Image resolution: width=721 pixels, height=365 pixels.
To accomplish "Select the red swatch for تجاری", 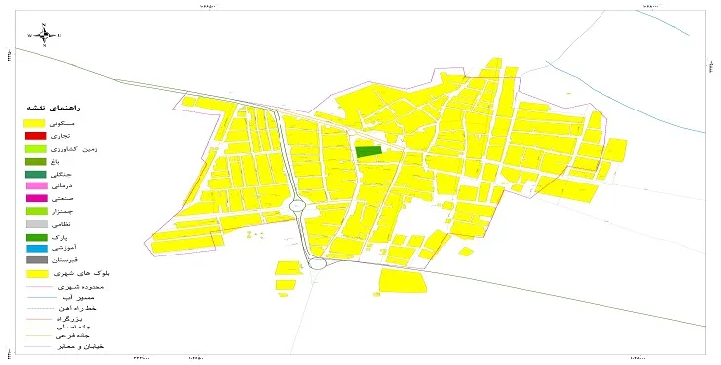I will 36,135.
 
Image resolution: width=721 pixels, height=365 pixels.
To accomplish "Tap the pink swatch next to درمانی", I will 36,185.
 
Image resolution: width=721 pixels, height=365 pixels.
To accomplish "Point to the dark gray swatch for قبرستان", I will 36,260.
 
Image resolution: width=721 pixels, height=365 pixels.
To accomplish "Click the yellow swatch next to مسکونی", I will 36,122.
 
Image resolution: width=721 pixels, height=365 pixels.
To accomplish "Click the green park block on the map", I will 367,151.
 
